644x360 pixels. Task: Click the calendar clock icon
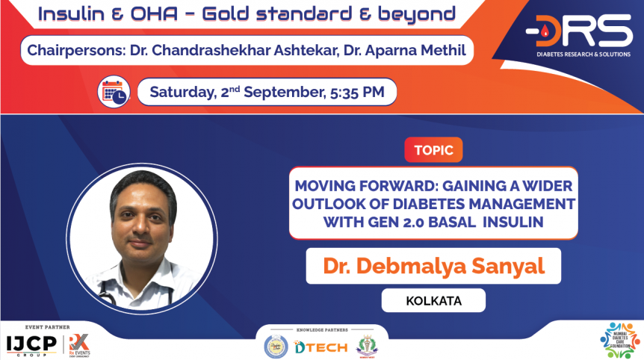[114, 93]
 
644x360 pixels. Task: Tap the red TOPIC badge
[433, 150]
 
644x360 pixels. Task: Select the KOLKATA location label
[433, 300]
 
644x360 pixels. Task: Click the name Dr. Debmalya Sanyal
[433, 267]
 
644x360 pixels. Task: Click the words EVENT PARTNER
[46, 327]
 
